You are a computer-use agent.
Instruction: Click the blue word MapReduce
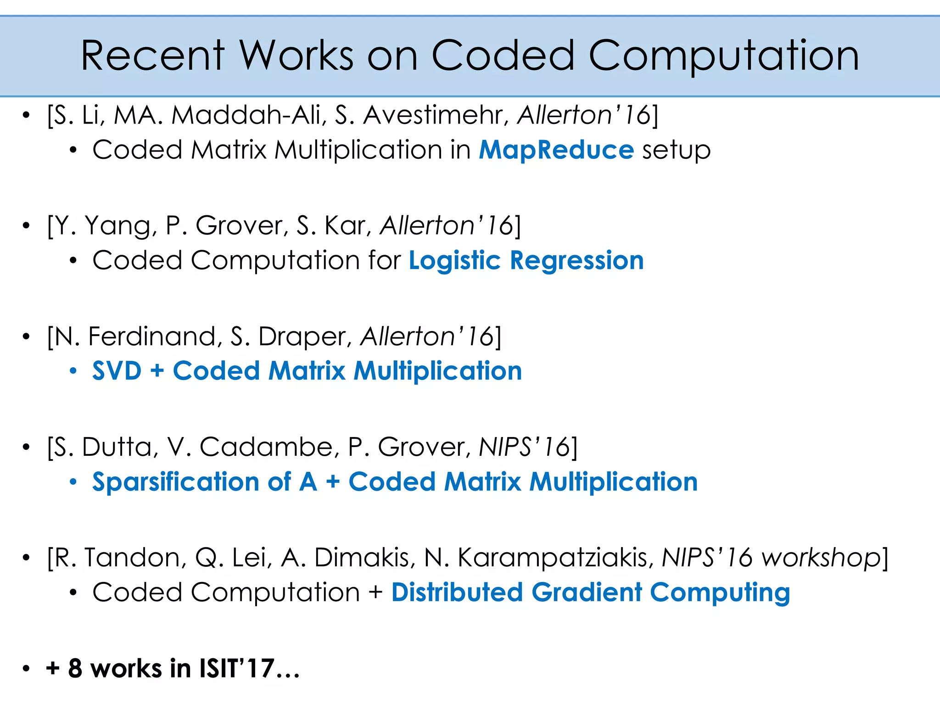pos(556,150)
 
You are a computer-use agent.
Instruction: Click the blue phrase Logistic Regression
pos(526,261)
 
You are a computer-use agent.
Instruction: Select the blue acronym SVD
pos(117,371)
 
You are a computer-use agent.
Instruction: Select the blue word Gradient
pos(587,593)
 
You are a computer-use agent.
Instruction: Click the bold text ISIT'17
pos(237,668)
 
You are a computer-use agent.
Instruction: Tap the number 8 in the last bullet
pos(75,668)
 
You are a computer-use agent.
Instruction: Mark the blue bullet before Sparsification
pos(73,482)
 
